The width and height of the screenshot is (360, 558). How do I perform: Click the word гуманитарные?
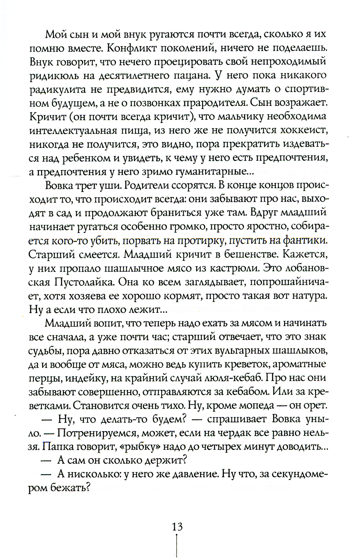click(x=211, y=173)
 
